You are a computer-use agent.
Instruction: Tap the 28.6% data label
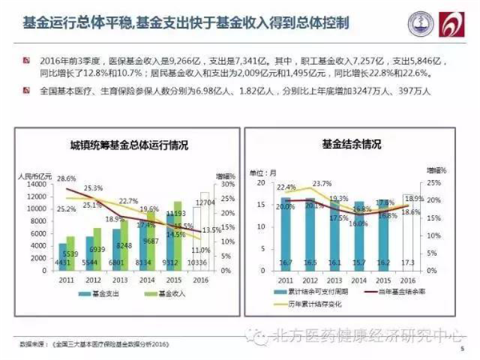coord(66,178)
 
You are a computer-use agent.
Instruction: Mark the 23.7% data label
coord(322,183)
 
